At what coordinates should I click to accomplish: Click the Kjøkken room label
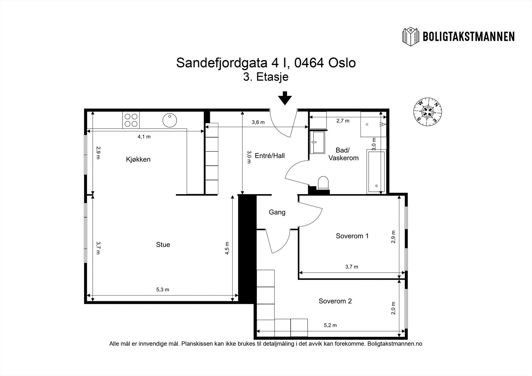click(138, 159)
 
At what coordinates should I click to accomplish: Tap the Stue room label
click(163, 245)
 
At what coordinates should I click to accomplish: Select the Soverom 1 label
click(352, 236)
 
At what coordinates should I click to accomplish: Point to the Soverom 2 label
click(335, 301)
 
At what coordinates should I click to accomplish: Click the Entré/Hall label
click(270, 156)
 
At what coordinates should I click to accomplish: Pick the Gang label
click(277, 212)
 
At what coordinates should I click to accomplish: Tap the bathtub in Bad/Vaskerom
click(376, 172)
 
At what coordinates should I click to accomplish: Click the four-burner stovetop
click(131, 120)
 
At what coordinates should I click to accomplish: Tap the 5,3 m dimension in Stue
click(163, 290)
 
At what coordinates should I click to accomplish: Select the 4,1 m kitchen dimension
click(144, 136)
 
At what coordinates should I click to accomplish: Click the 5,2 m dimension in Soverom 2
click(330, 325)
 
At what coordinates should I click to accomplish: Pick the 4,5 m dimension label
click(227, 248)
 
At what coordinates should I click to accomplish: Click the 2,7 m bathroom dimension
click(343, 121)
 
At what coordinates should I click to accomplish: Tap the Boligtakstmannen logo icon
click(411, 36)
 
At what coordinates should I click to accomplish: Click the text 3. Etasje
click(266, 77)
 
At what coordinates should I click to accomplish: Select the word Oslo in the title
click(342, 63)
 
